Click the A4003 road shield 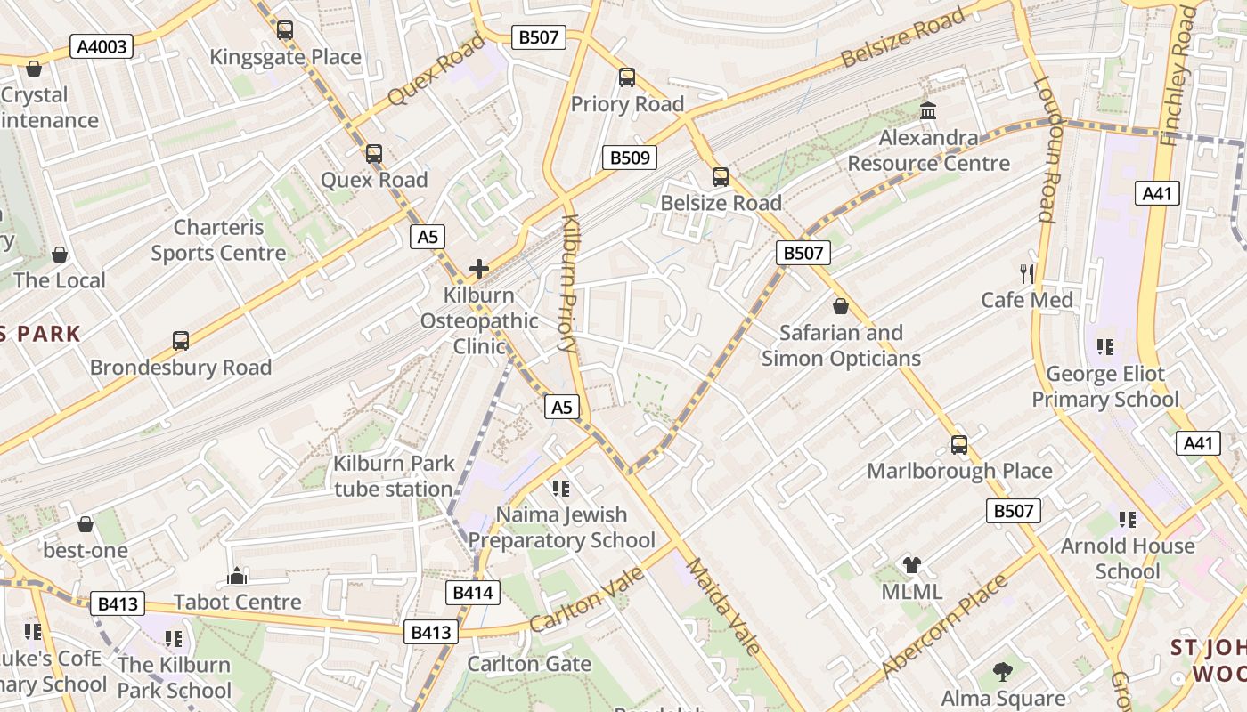pyautogui.click(x=102, y=46)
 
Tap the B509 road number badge pyautogui.click(x=631, y=158)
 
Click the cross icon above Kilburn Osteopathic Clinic pyautogui.click(x=479, y=268)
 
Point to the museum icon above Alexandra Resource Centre pyautogui.click(x=928, y=111)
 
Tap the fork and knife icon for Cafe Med pyautogui.click(x=1027, y=273)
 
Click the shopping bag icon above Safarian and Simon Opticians pyautogui.click(x=840, y=306)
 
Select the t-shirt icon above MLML pyautogui.click(x=911, y=564)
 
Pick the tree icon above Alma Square pyautogui.click(x=1003, y=671)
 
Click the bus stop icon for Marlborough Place pyautogui.click(x=959, y=444)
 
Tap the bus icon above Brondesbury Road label pyautogui.click(x=181, y=340)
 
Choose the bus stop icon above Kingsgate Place pyautogui.click(x=285, y=30)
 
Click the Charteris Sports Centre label pyautogui.click(x=218, y=240)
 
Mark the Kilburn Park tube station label pyautogui.click(x=393, y=476)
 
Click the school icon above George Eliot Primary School pyautogui.click(x=1105, y=347)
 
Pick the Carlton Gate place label pyautogui.click(x=529, y=664)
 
